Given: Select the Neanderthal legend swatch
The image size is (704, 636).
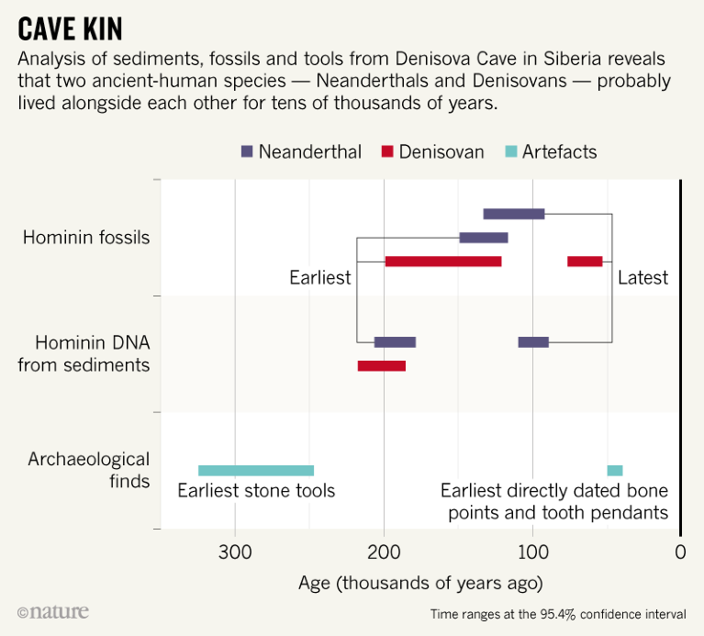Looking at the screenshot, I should (x=247, y=151).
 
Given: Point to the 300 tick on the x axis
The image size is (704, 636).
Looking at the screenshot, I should (x=235, y=552).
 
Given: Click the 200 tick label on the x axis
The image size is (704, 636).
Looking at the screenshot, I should (x=384, y=552).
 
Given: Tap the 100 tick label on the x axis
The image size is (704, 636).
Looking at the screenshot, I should (x=532, y=552).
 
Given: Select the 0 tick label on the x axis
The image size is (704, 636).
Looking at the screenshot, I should (x=680, y=552).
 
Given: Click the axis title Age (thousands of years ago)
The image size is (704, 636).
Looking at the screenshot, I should (x=420, y=583).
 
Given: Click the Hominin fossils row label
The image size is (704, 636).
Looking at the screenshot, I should (x=85, y=238).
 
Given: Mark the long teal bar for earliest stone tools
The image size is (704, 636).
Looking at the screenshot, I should (x=256, y=471).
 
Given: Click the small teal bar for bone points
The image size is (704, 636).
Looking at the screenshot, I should (x=615, y=471).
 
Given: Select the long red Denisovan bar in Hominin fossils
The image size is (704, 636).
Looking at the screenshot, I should (x=443, y=262).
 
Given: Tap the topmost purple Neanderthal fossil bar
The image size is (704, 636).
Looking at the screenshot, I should (x=514, y=214).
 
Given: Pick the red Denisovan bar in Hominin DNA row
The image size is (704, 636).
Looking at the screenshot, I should (x=382, y=366).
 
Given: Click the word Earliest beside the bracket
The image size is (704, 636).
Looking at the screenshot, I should (x=320, y=277).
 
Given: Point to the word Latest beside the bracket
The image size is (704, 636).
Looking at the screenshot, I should (x=643, y=277).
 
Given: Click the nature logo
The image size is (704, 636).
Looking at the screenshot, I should (x=53, y=611).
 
